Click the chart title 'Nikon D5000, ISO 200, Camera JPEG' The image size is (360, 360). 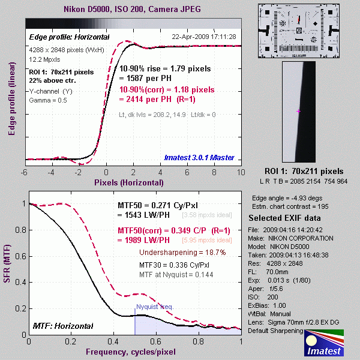point(133,10)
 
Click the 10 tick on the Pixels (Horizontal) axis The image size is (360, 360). point(239,172)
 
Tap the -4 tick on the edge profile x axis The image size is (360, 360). point(52,172)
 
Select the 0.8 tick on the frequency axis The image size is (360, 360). point(199,341)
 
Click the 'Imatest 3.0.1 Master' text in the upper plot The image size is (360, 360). point(200,158)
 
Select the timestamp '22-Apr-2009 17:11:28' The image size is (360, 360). point(204,37)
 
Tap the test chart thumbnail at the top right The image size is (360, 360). point(298,31)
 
